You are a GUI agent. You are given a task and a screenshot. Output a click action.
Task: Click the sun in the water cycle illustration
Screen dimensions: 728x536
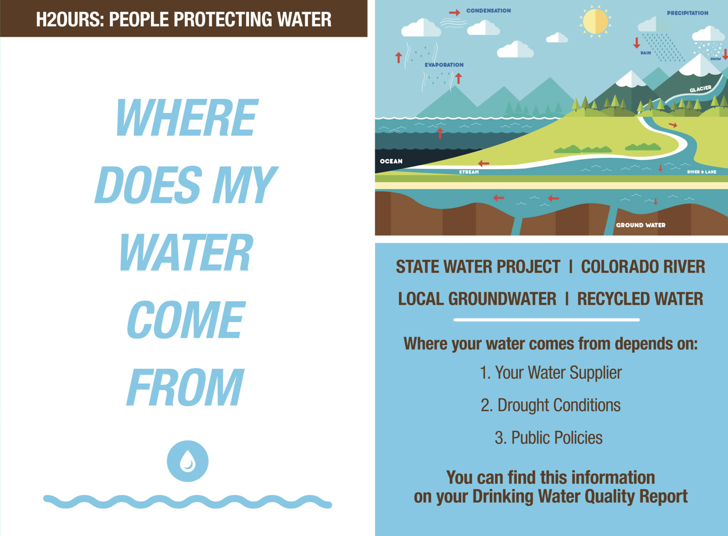(595, 21)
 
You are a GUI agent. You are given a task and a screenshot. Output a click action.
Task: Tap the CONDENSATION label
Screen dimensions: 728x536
(488, 11)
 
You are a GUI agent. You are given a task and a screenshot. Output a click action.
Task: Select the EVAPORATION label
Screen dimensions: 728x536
(444, 65)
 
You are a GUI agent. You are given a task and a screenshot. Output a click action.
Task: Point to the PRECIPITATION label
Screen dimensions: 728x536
(687, 13)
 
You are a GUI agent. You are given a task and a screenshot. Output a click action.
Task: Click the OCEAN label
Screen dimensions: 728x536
(391, 161)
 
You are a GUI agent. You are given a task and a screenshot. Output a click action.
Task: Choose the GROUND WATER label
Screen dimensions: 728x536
(640, 225)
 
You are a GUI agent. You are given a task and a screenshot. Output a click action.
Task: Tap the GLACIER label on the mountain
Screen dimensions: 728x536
(700, 89)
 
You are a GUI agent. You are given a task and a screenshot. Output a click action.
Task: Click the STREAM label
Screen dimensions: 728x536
(469, 172)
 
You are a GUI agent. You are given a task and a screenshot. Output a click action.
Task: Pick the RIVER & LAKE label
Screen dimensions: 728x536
(702, 172)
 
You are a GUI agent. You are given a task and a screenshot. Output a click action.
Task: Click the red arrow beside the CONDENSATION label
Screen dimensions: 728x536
(454, 13)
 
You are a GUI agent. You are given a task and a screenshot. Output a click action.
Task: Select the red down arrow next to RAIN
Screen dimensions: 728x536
(636, 43)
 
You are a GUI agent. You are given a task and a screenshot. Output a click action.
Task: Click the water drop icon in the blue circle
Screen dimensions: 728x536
(188, 461)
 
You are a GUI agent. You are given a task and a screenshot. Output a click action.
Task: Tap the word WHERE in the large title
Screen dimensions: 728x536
(187, 117)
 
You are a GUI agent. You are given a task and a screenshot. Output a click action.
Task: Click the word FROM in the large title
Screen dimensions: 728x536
(185, 387)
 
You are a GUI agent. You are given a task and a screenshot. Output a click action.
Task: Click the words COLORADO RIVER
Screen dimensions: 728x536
(643, 267)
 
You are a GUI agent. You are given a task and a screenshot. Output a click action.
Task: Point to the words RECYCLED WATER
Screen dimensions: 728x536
(640, 299)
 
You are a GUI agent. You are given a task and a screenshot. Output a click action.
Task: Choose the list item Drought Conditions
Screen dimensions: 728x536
(550, 405)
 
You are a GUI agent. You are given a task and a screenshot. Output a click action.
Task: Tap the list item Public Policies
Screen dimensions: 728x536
(549, 437)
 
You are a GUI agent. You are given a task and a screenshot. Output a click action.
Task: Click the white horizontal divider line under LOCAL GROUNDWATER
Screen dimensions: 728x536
(546, 320)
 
